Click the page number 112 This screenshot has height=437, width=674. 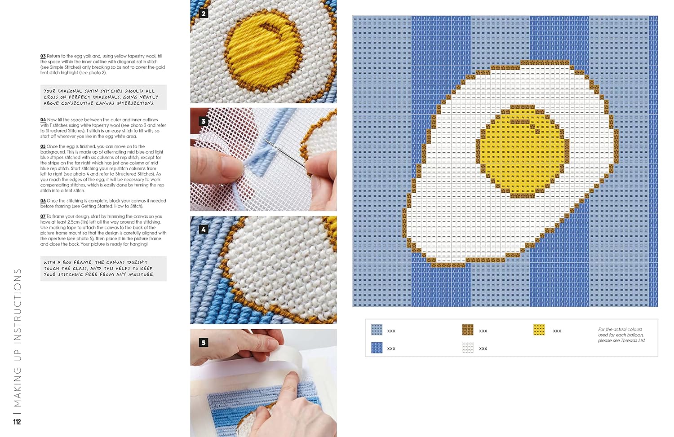click(x=17, y=422)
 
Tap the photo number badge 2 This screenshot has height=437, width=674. click(x=204, y=13)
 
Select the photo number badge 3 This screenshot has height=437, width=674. click(x=204, y=121)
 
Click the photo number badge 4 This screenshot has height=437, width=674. click(x=204, y=230)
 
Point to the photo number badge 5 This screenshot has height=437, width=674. click(x=204, y=343)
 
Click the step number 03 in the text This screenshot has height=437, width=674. click(x=43, y=56)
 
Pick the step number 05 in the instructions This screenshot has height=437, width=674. click(x=43, y=146)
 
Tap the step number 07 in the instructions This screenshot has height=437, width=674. click(x=43, y=216)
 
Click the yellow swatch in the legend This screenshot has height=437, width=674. click(x=539, y=330)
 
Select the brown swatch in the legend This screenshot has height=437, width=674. click(x=468, y=330)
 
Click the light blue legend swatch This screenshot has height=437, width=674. click(x=377, y=330)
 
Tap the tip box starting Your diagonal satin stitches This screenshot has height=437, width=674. click(x=103, y=97)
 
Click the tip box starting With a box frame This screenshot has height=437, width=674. click(x=103, y=269)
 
